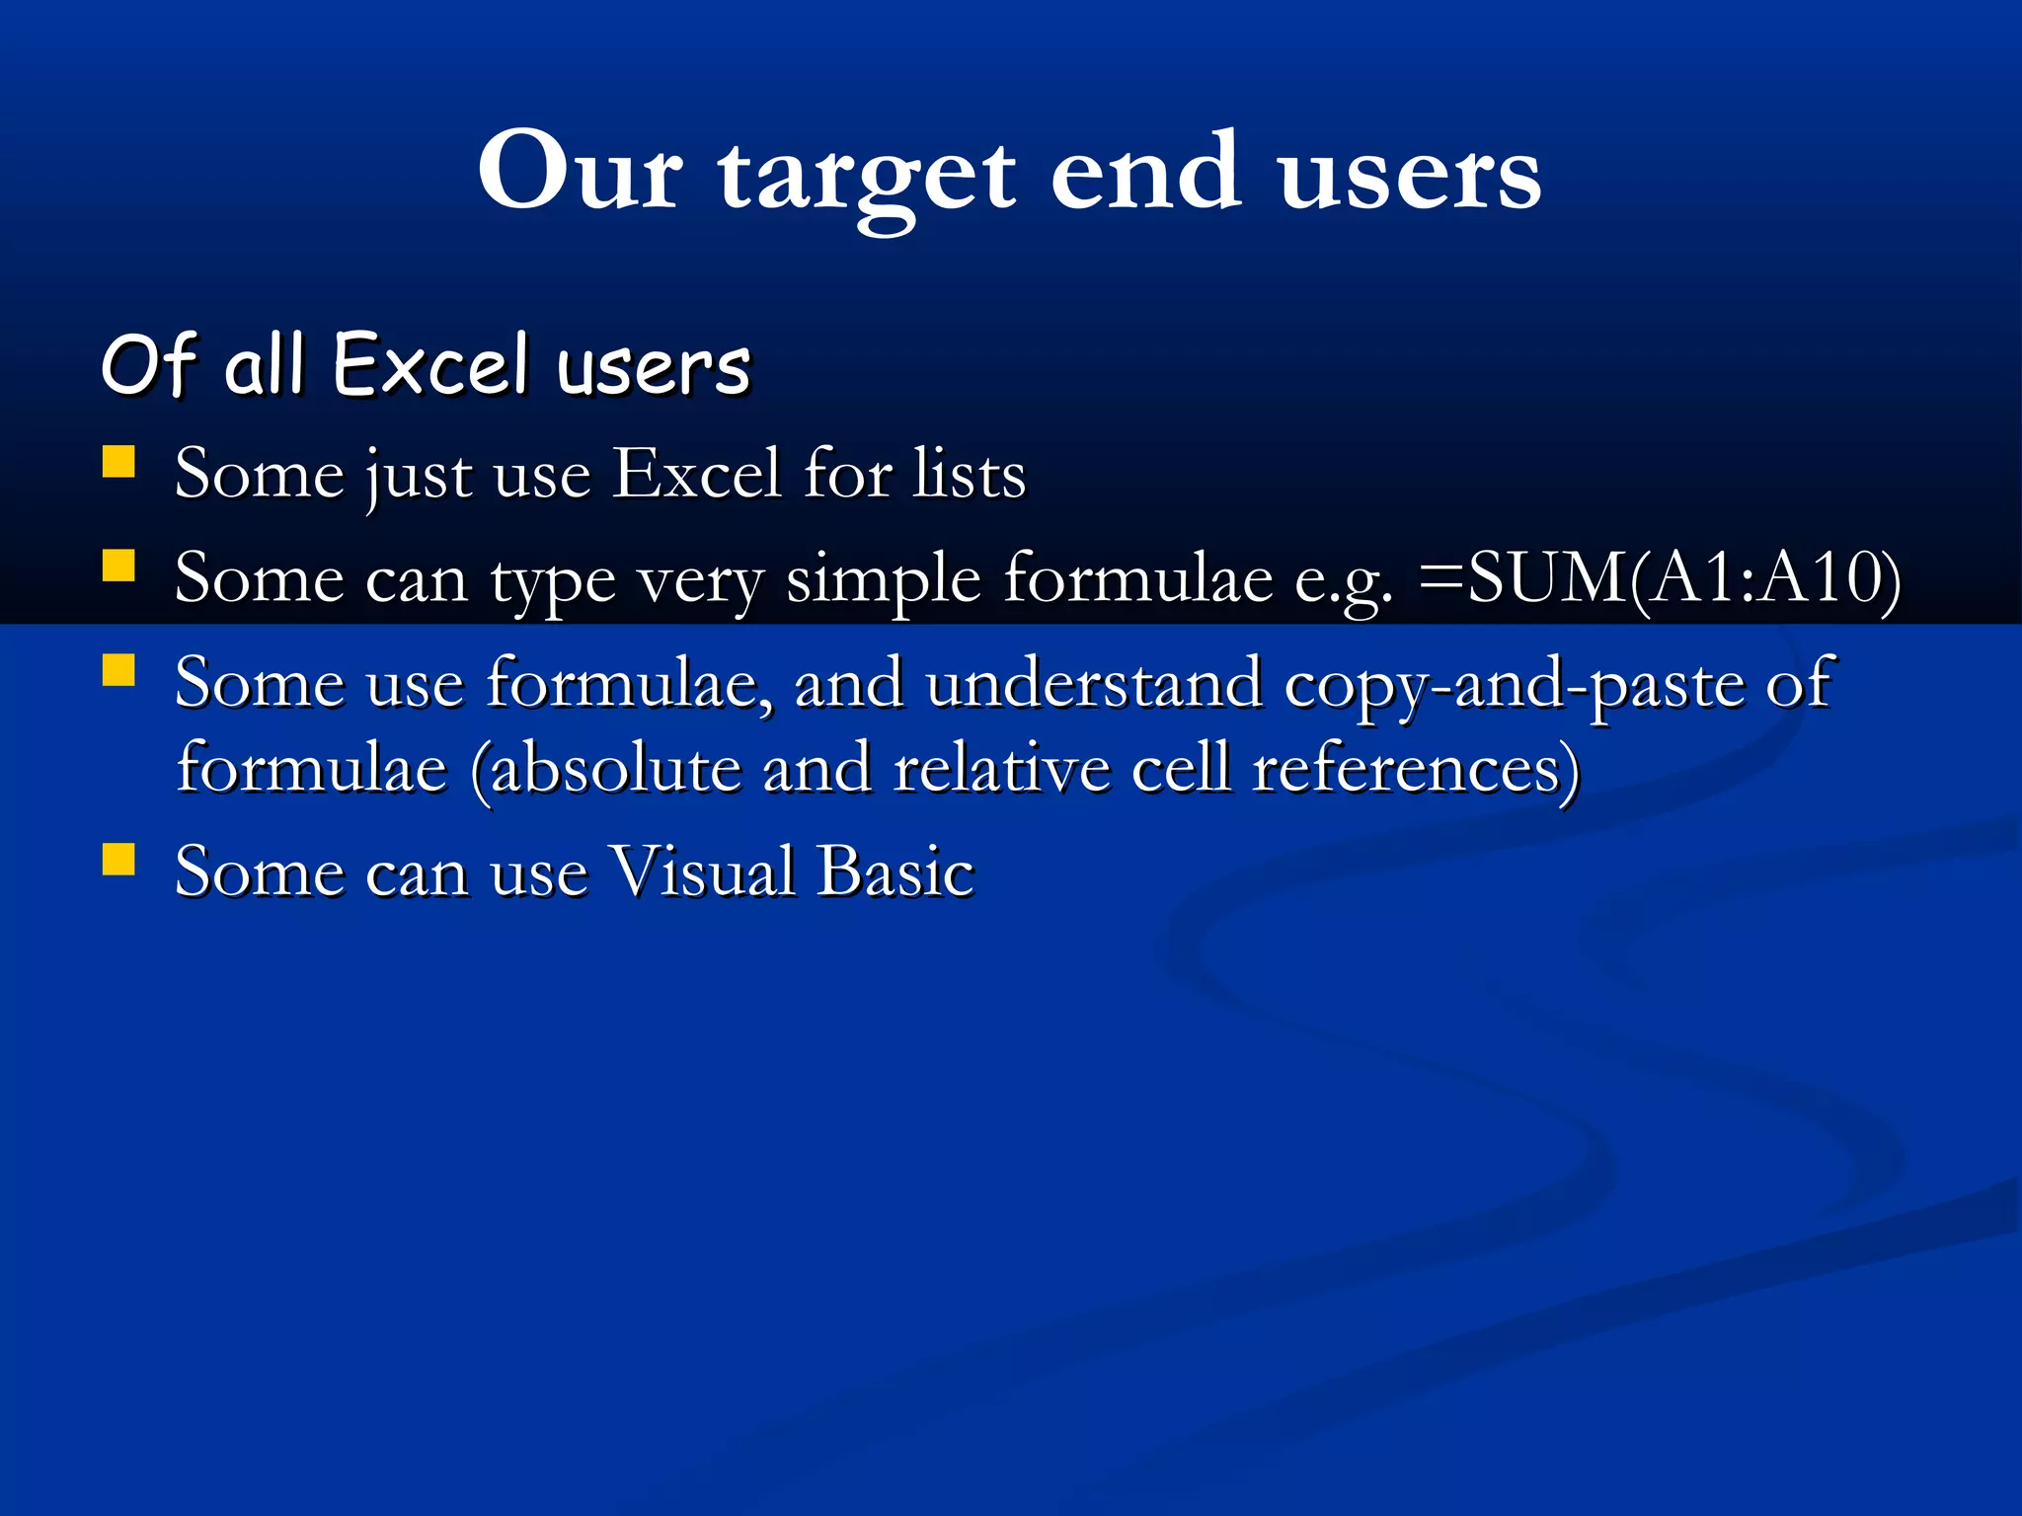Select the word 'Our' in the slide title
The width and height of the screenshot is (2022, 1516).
coord(580,170)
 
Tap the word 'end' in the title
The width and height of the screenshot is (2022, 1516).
coord(1145,170)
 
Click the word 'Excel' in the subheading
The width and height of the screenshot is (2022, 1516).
coord(430,364)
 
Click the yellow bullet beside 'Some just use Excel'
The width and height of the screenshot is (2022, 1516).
coord(118,462)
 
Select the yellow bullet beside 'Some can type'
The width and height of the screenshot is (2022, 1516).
coord(118,567)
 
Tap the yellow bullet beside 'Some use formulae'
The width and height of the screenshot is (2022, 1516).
coord(118,671)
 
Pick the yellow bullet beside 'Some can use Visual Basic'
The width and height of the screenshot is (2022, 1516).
coord(118,860)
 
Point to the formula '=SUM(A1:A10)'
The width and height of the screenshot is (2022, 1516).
coord(1659,578)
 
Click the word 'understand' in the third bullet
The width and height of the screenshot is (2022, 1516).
coord(1094,683)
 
